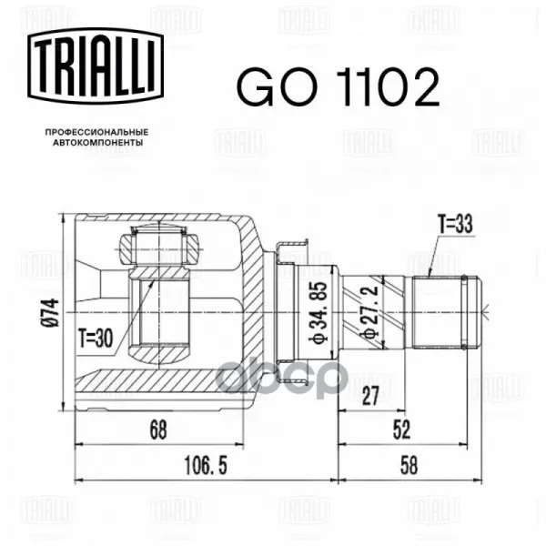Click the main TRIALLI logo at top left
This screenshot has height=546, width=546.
click(96, 66)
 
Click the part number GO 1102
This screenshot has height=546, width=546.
click(339, 86)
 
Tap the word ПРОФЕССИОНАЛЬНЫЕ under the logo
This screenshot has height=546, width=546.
click(96, 132)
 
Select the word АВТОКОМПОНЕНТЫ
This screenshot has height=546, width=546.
click(98, 143)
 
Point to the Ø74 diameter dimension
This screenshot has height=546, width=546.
click(51, 313)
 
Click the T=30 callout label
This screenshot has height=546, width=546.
click(96, 339)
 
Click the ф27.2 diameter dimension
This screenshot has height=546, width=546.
click(369, 311)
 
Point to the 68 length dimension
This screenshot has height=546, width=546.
click(158, 430)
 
